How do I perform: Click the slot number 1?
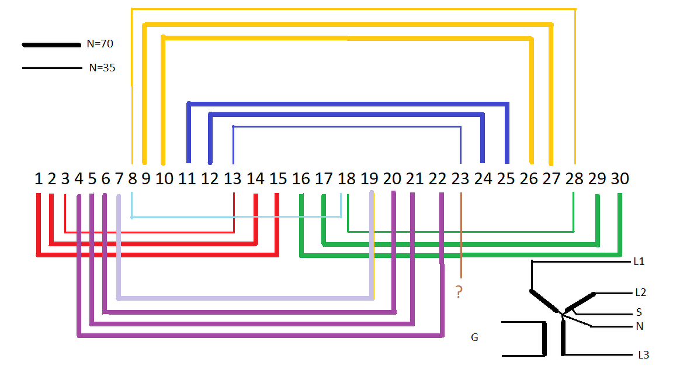(x=39, y=178)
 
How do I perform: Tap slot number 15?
(x=279, y=178)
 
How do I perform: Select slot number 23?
(x=460, y=178)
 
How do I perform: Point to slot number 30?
(x=620, y=178)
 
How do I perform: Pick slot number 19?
(x=369, y=178)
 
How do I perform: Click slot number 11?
(x=187, y=178)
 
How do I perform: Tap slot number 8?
(x=132, y=178)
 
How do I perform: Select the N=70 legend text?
(x=99, y=43)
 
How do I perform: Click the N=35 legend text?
(x=102, y=68)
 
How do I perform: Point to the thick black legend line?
(x=51, y=44)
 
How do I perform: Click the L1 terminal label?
(x=639, y=261)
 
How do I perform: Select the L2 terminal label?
(x=641, y=292)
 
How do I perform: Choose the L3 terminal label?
(x=643, y=354)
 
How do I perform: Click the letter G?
(x=474, y=337)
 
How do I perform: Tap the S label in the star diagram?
(x=639, y=312)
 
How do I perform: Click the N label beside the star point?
(x=639, y=326)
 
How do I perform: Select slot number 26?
(x=529, y=178)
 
